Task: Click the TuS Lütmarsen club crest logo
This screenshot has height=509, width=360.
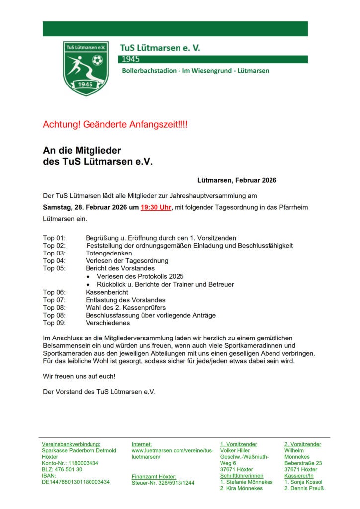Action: (86, 68)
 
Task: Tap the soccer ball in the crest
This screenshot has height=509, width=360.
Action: (97, 60)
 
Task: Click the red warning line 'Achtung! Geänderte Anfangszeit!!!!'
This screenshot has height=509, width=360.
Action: (115, 124)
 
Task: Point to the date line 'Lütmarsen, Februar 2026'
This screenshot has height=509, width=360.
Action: (237, 180)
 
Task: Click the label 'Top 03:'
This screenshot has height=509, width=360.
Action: (54, 253)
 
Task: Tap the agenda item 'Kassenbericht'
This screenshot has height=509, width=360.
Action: (106, 292)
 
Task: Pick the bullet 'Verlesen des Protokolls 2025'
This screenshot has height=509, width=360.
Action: (140, 276)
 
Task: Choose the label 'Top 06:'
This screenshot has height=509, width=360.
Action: (54, 292)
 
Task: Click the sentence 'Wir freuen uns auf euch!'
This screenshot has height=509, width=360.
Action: (79, 376)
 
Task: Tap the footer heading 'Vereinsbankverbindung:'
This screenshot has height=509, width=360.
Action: (71, 444)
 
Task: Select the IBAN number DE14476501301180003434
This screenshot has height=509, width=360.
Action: (76, 482)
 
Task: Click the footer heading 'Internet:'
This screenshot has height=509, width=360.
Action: (142, 444)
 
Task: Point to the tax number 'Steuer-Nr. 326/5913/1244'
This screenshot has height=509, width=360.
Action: (163, 482)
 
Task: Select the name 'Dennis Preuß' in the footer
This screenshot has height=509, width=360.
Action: (306, 488)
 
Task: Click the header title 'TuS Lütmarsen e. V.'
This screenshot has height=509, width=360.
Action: (160, 48)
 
